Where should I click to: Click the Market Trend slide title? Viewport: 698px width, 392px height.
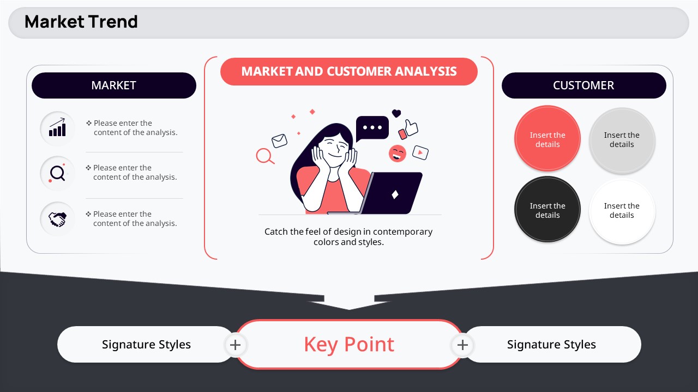point(81,22)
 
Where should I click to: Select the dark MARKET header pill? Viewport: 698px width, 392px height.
point(114,85)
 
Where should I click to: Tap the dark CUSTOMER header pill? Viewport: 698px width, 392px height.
point(583,85)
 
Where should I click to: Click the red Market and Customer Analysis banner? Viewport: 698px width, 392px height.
point(348,71)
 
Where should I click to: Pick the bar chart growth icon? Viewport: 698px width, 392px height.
point(58,127)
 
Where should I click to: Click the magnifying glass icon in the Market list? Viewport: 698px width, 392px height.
point(57,173)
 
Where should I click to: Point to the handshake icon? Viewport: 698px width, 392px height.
point(57,219)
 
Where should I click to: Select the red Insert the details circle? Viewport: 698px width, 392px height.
point(547,139)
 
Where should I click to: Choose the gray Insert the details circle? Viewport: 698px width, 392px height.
point(622,140)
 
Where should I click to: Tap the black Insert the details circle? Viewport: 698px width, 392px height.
point(547,210)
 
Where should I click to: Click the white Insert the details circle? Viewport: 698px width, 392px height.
point(622,211)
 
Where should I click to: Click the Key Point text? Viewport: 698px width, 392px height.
point(349,345)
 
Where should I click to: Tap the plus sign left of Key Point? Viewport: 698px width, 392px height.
point(235,345)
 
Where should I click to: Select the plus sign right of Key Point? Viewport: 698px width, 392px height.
point(462,345)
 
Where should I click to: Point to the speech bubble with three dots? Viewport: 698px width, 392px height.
point(372,128)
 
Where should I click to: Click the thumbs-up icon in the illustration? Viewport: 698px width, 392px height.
point(411,127)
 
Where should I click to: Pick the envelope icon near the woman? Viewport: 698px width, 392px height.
point(279,140)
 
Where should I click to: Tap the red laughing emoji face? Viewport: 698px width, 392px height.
point(398,154)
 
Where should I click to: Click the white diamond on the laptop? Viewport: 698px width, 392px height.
point(395,194)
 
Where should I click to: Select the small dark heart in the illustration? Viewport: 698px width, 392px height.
point(396,113)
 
